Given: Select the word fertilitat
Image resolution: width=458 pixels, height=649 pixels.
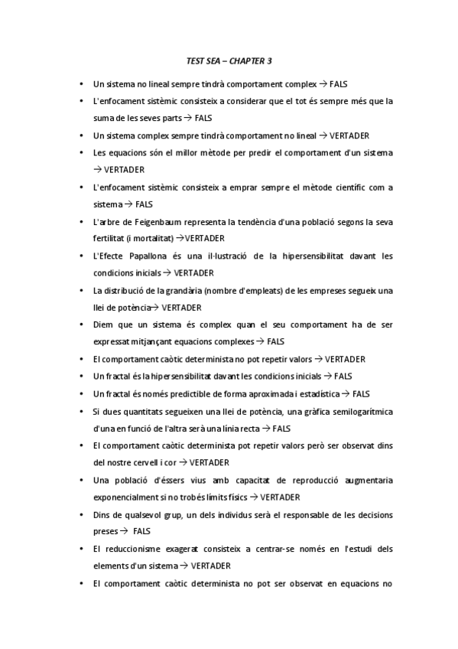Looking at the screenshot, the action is pos(109,238).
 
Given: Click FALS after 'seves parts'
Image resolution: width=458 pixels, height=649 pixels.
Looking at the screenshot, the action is pos(203,119).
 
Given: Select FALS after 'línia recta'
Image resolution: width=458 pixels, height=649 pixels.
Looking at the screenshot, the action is pos(281,429).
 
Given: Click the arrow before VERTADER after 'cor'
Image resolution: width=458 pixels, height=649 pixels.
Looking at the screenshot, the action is pos(183,462).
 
